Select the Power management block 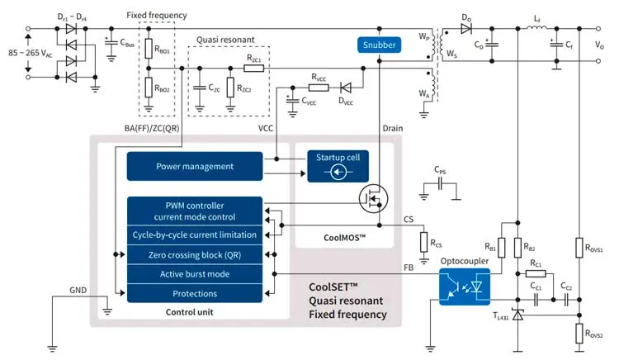(x=195, y=166)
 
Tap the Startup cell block (x=338, y=166)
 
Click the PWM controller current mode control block (x=195, y=211)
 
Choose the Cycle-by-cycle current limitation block (x=195, y=235)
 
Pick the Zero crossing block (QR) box (x=195, y=255)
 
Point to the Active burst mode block (x=195, y=274)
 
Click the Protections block (x=195, y=293)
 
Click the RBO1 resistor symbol (x=149, y=49)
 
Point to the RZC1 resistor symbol (x=253, y=69)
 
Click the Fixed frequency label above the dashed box (x=157, y=15)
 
